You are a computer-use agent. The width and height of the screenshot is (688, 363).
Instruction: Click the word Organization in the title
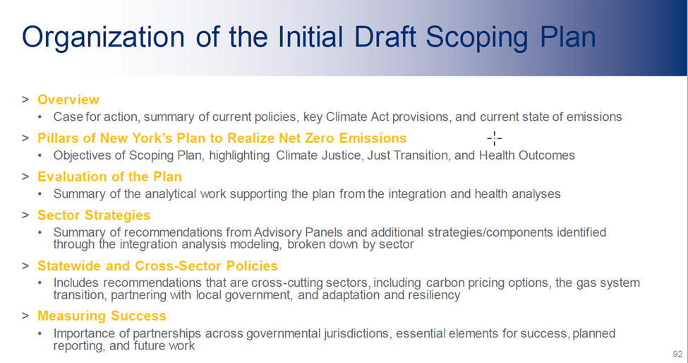click(x=104, y=37)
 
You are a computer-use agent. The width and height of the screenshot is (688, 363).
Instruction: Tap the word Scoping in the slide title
click(x=477, y=37)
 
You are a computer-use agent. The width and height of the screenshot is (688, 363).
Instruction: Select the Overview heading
click(x=68, y=100)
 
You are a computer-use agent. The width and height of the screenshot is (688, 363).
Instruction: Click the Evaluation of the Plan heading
click(x=109, y=177)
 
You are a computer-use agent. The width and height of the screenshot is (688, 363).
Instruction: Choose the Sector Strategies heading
click(x=94, y=215)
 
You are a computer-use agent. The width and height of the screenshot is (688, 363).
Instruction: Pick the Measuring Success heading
click(x=102, y=316)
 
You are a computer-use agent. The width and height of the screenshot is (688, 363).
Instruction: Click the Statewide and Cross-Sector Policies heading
click(x=157, y=266)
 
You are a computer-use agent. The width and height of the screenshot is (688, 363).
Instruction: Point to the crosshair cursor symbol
click(x=495, y=138)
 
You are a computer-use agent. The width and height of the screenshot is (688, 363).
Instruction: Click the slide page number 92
click(x=678, y=354)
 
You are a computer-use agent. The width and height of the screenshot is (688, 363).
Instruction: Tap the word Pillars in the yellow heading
click(x=58, y=138)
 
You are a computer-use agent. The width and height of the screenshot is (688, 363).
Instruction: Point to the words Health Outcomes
click(x=527, y=155)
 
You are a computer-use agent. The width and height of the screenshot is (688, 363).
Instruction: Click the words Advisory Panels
click(x=297, y=232)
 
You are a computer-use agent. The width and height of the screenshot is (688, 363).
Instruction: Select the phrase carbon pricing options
click(x=488, y=282)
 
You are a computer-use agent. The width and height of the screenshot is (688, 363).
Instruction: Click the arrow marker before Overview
click(x=25, y=100)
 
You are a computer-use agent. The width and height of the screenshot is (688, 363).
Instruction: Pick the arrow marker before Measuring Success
click(x=25, y=316)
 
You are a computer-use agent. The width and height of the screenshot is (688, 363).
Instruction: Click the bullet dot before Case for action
click(x=40, y=117)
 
